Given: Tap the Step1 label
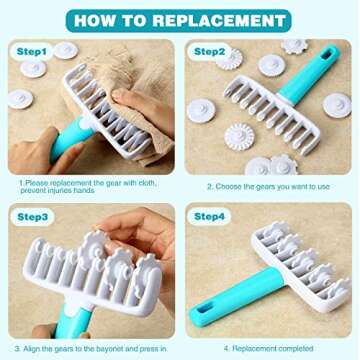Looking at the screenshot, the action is click(32, 52).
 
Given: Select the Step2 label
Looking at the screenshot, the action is click(209, 52).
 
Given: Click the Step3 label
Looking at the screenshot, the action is click(33, 217).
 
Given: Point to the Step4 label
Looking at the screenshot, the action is click(209, 217).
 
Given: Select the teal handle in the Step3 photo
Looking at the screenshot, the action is click(73, 322).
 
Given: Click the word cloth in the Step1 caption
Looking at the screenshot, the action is click(147, 183).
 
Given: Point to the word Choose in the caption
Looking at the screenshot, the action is click(228, 187).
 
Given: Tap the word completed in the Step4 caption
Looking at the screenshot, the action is click(296, 349).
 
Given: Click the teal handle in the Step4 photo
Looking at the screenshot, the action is click(238, 296).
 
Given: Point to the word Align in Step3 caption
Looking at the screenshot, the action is click(31, 349).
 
